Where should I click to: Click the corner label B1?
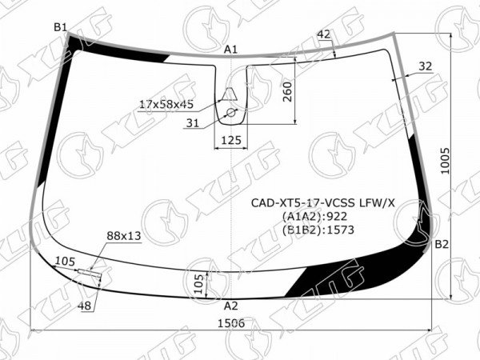tap(60, 27)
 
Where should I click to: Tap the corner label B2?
tap(442, 244)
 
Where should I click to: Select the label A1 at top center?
tap(231, 50)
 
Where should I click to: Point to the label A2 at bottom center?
tap(231, 306)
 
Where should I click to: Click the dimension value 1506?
tap(231, 323)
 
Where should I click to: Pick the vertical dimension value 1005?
tap(446, 161)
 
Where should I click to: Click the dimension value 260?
tap(287, 92)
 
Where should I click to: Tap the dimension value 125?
tap(231, 140)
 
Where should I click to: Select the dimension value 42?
tap(324, 34)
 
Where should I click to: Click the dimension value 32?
tap(425, 66)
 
